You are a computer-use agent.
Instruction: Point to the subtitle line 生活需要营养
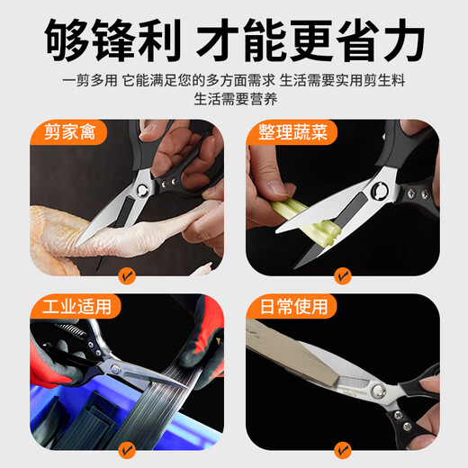pos(233,99)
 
